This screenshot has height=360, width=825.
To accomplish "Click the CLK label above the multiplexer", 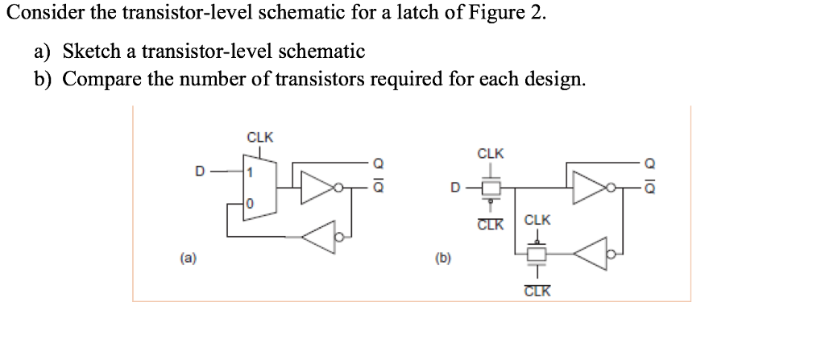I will (259, 137).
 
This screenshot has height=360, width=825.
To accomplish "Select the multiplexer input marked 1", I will (251, 172).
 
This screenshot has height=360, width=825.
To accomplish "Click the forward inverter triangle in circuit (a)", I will (319, 188).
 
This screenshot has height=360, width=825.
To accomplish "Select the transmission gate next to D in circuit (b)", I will (490, 189).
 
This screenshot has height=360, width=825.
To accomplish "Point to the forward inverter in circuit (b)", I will (591, 189).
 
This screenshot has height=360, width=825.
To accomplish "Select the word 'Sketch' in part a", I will (89, 52).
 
